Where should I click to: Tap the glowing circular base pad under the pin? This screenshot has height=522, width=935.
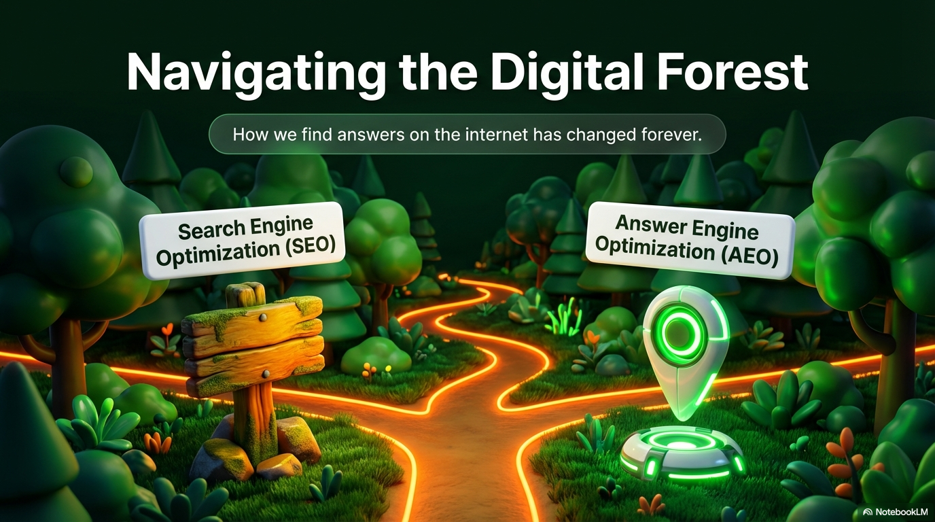682,453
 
